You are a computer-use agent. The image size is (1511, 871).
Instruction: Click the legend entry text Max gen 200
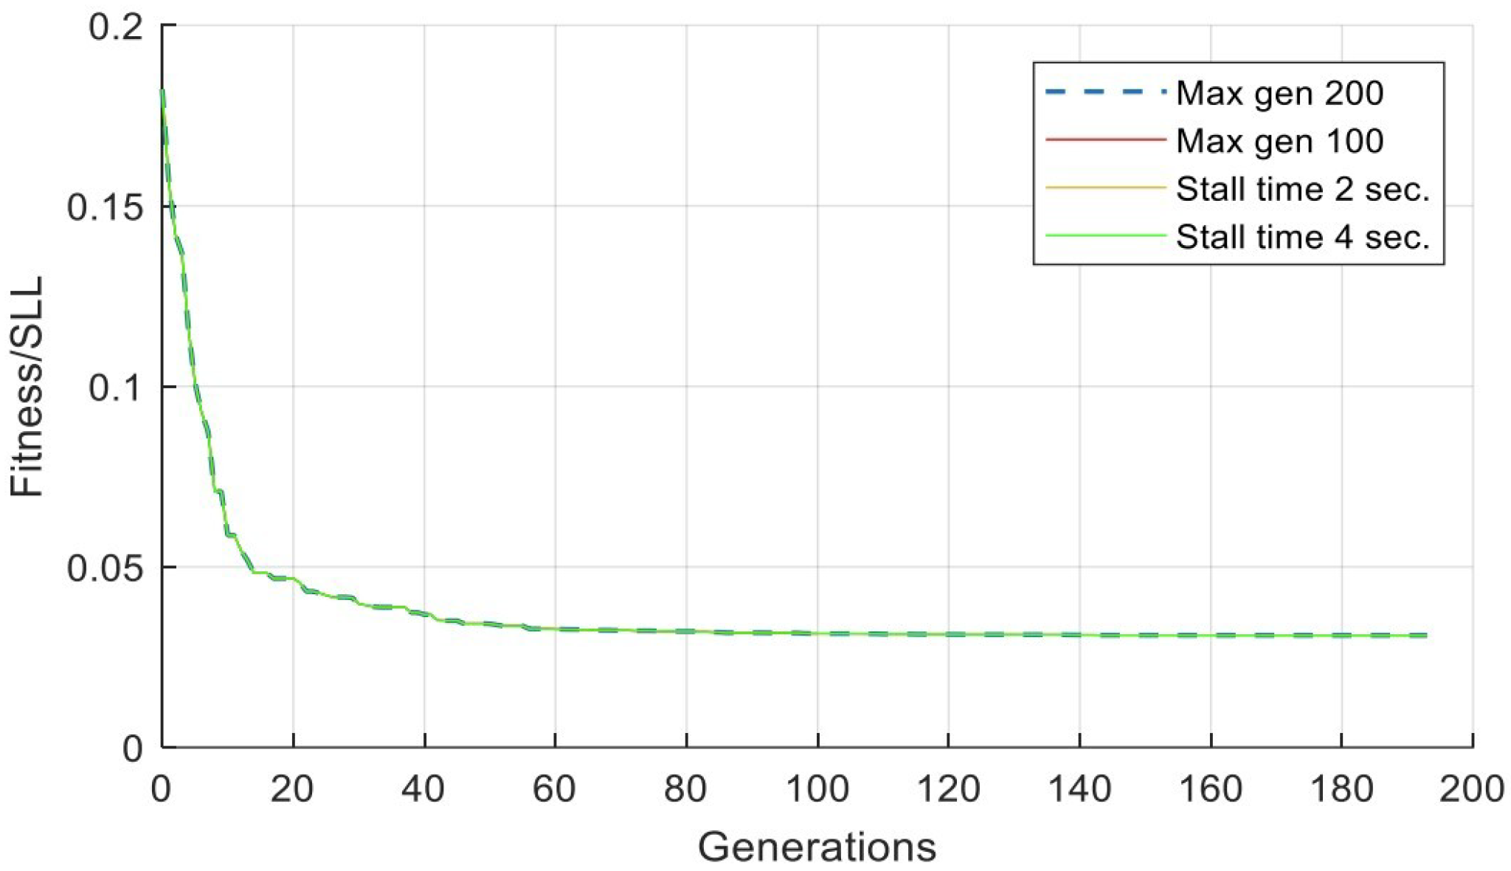pos(1279,94)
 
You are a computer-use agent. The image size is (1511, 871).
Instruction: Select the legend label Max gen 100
pos(1279,141)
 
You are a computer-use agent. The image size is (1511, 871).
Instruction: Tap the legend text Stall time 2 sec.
pos(1303,189)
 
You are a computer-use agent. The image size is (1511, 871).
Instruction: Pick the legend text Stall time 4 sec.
pos(1303,237)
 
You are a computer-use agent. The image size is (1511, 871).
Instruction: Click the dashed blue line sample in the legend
pos(1105,92)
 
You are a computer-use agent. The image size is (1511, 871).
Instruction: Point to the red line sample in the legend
pos(1105,140)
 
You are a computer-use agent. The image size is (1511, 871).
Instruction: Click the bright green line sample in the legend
pos(1105,235)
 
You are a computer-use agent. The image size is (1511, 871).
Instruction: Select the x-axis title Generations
pos(817,847)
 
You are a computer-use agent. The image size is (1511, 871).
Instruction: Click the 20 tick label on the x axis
pos(293,789)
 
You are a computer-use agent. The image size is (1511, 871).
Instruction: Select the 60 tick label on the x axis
pos(555,789)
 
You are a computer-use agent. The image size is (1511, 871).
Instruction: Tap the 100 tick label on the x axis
pos(817,789)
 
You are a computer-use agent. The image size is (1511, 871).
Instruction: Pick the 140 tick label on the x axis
pos(1079,789)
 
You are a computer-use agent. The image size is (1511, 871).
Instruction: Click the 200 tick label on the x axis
pos(1472,789)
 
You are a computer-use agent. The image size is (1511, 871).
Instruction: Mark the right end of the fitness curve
pos(1426,635)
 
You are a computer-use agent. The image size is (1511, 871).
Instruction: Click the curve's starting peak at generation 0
pos(162,91)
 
